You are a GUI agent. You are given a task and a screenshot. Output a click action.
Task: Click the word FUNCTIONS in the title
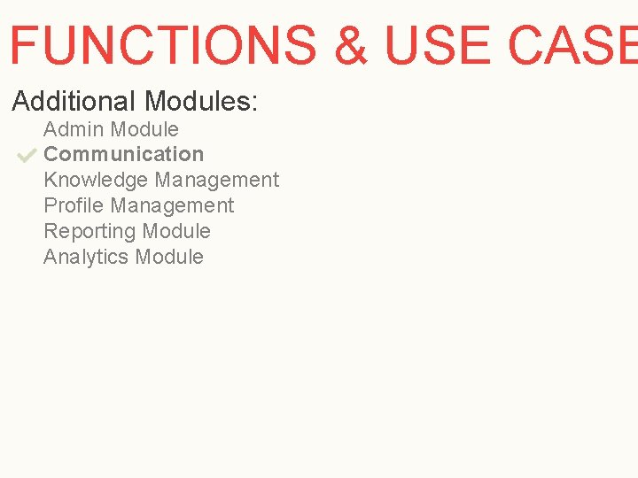click(x=162, y=45)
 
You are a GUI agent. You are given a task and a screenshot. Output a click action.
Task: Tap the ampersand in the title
click(x=352, y=45)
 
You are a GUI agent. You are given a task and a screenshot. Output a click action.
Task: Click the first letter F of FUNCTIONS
click(x=23, y=45)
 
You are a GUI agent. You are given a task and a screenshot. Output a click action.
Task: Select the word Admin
click(x=74, y=129)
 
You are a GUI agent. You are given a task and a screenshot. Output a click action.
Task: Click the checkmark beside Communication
click(x=26, y=156)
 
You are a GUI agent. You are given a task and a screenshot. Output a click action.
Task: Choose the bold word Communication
click(x=123, y=154)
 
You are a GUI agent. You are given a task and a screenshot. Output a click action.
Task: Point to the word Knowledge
click(x=96, y=180)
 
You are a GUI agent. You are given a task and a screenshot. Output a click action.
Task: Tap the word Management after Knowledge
click(x=217, y=180)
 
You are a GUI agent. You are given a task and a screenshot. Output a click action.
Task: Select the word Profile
click(x=74, y=205)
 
